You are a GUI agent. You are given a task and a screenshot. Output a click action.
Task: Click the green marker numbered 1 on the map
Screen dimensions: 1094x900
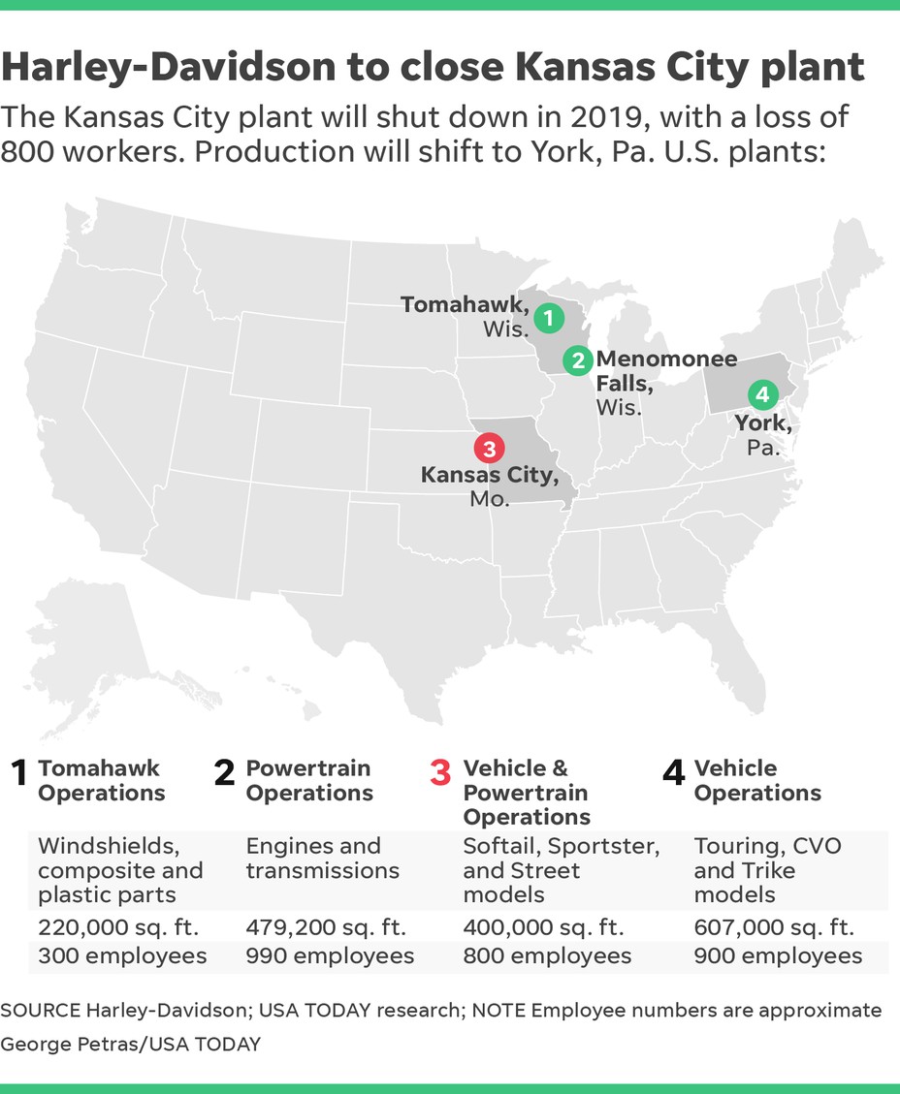click(x=548, y=317)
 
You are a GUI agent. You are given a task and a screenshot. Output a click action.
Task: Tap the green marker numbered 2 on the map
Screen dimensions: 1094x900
click(x=578, y=360)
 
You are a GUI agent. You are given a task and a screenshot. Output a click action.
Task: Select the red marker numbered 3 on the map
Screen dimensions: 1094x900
click(x=489, y=449)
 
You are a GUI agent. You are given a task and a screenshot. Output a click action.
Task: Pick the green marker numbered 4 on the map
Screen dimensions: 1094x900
click(x=762, y=394)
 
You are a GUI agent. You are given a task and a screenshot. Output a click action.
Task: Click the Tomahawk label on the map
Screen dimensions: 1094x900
click(x=465, y=305)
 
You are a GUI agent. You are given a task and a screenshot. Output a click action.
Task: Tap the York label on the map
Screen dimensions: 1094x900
click(x=762, y=422)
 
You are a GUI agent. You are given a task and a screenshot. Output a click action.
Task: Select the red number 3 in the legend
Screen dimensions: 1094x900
click(x=440, y=773)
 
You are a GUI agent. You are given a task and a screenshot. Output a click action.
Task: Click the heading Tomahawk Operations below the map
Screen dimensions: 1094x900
click(x=101, y=781)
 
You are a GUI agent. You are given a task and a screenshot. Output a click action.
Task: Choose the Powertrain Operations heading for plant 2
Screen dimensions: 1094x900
click(x=308, y=781)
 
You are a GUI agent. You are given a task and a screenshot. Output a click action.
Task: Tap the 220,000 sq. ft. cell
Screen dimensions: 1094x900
click(x=118, y=927)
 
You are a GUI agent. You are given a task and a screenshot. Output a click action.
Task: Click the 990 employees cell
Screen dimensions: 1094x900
click(x=330, y=956)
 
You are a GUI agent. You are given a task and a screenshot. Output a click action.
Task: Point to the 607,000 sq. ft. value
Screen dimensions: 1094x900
click(x=774, y=927)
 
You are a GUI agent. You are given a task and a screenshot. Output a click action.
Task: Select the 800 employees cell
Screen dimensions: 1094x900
click(x=547, y=956)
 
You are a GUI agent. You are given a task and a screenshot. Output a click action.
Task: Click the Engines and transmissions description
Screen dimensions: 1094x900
click(x=322, y=858)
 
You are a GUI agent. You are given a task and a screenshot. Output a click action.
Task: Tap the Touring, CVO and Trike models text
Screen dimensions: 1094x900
click(x=767, y=869)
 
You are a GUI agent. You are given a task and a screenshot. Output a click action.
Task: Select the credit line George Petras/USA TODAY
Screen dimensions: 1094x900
click(x=130, y=1044)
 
